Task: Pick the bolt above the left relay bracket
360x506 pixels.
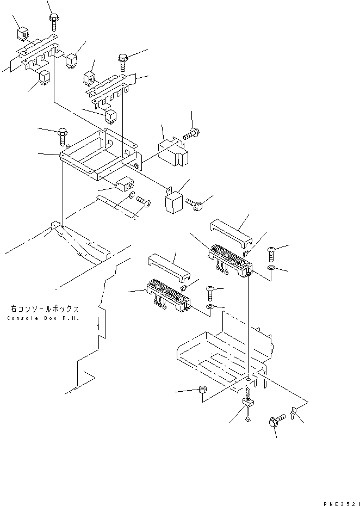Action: pos(54,21)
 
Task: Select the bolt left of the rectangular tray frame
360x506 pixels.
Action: pos(61,133)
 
